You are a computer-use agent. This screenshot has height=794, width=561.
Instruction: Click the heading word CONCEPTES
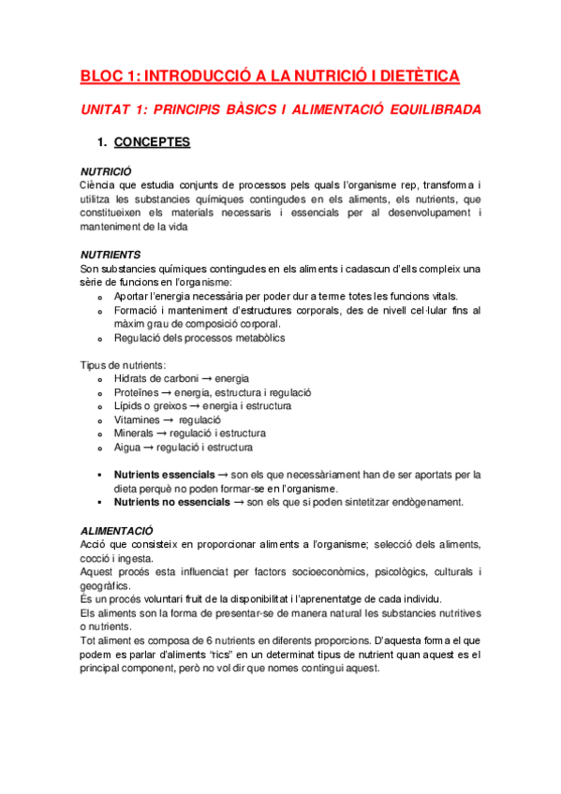pos(152,142)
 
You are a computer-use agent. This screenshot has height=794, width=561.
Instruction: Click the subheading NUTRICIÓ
pos(106,172)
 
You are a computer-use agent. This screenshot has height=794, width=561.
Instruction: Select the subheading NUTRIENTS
pos(111,255)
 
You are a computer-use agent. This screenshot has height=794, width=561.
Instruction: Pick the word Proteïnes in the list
pos(137,393)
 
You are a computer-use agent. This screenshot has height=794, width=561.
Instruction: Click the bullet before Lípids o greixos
pos(100,406)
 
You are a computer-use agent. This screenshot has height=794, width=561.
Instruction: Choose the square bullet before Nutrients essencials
pos(99,476)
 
